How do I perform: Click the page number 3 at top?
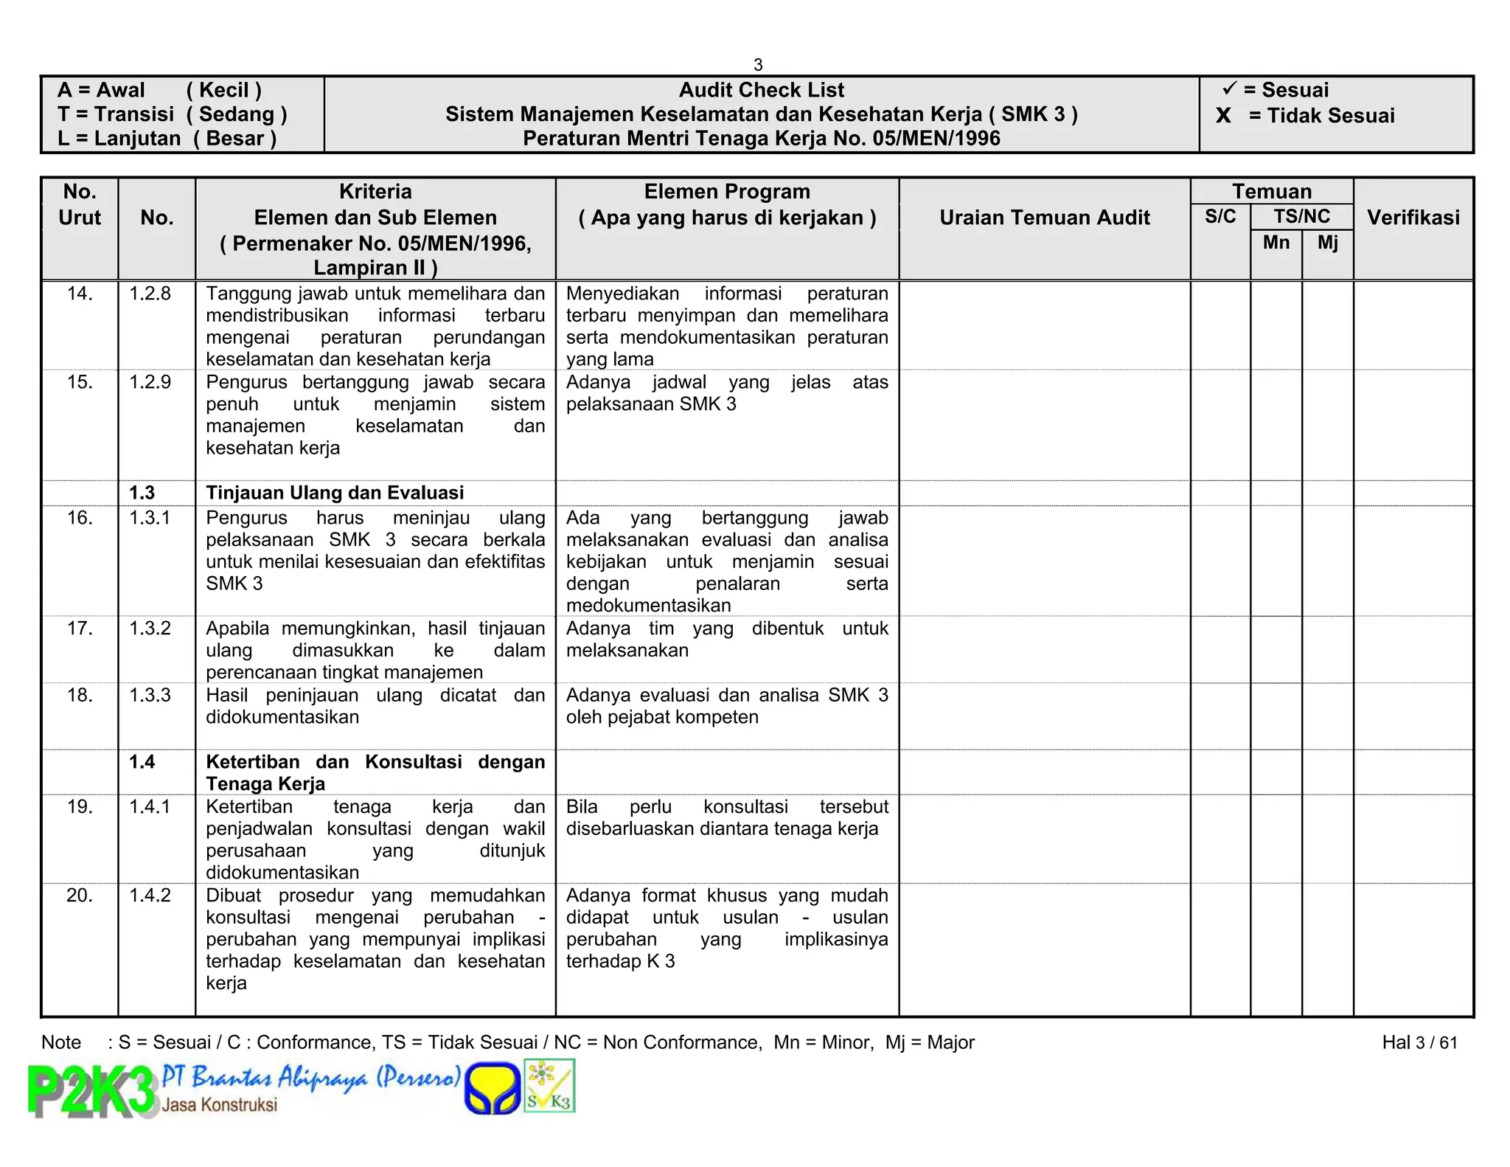[758, 65]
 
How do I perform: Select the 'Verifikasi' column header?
[1413, 218]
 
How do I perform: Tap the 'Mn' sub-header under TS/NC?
[1276, 243]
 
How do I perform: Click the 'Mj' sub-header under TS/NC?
[1327, 243]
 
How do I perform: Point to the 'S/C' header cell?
[1220, 217]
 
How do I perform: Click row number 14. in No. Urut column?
[80, 294]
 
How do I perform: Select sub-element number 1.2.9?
[150, 382]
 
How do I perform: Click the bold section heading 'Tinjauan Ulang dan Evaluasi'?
[335, 493]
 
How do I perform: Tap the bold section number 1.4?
[142, 762]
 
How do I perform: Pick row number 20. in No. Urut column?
[80, 896]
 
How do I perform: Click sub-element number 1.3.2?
[150, 628]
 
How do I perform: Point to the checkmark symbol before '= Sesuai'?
[1229, 89]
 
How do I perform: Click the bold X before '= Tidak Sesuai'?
[1223, 116]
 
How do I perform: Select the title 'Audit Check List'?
[761, 90]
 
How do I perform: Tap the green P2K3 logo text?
[92, 1092]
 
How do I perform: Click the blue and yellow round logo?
[493, 1088]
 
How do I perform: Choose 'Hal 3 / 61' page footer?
[1419, 1042]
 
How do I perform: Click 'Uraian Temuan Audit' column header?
[1044, 218]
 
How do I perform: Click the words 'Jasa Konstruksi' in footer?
[220, 1105]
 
